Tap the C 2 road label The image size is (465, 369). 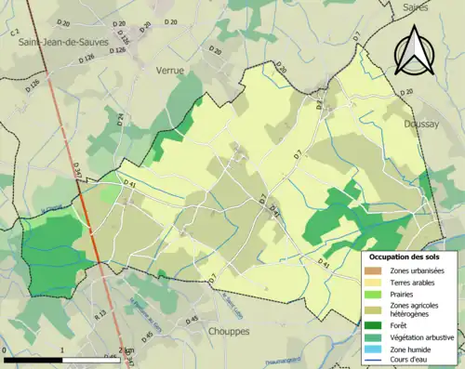click(14, 32)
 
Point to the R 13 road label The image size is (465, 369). click(100, 316)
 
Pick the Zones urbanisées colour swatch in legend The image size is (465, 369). click(377, 270)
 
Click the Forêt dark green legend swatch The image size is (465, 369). click(377, 324)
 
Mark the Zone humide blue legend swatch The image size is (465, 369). click(377, 349)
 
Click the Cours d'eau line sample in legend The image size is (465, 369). click(377, 361)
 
